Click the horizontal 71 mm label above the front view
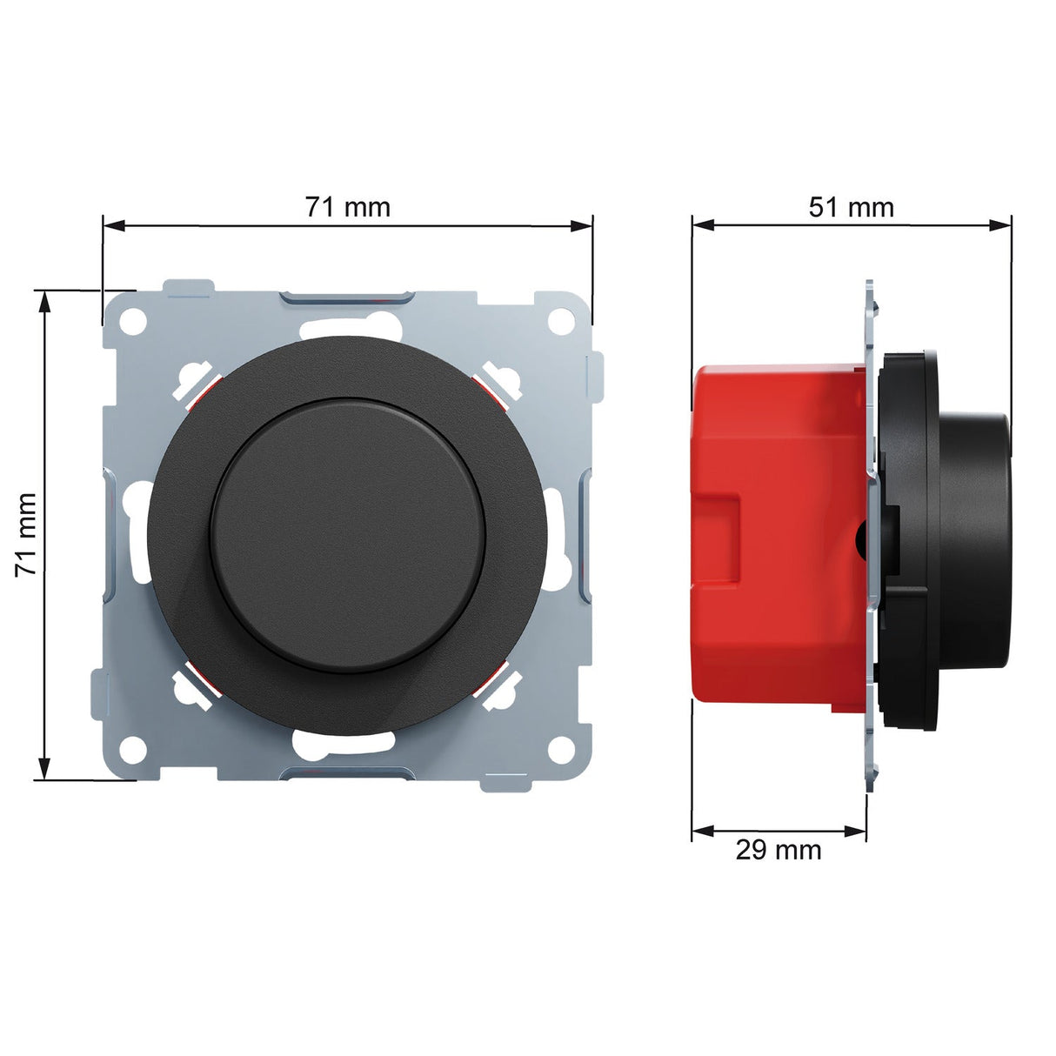[x=347, y=207]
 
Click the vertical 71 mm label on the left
[x=26, y=534]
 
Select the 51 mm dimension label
[x=851, y=207]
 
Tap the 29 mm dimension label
[x=779, y=849]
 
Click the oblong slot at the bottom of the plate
[x=347, y=742]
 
